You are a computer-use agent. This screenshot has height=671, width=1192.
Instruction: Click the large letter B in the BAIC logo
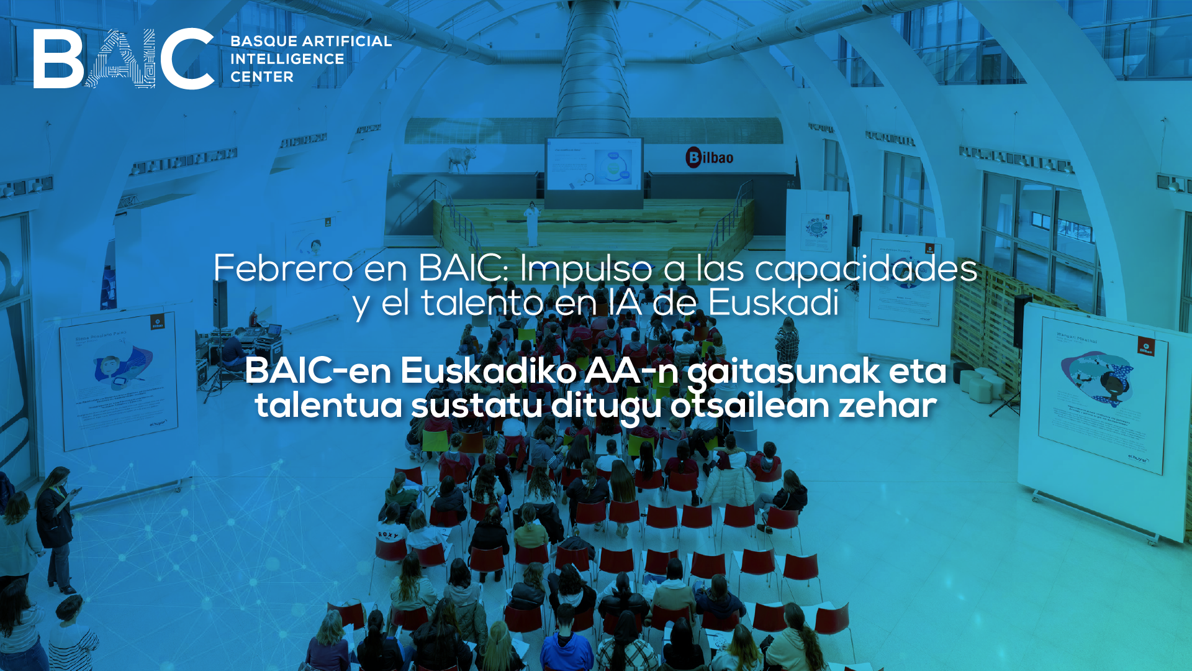pyautogui.click(x=57, y=59)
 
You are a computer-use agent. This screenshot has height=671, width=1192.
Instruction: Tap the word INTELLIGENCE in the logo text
pyautogui.click(x=287, y=59)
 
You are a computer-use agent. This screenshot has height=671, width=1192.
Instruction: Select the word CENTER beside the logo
pyautogui.click(x=262, y=77)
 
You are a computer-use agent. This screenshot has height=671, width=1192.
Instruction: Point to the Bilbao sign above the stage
pyautogui.click(x=710, y=157)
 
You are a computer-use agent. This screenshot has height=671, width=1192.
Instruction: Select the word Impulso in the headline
pyautogui.click(x=586, y=268)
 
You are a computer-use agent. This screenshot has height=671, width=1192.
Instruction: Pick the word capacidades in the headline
pyautogui.click(x=866, y=268)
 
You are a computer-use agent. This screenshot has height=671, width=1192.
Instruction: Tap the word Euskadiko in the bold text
pyautogui.click(x=489, y=371)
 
